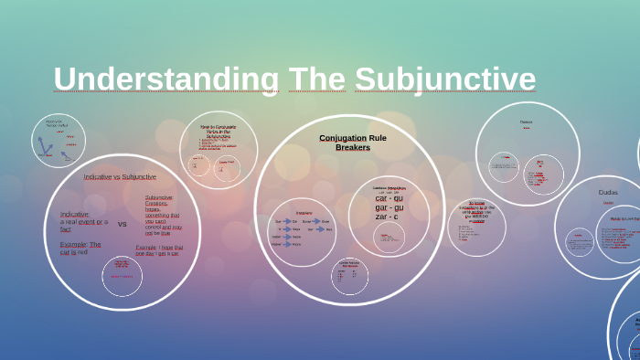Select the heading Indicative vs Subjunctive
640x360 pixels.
pyautogui.click(x=120, y=176)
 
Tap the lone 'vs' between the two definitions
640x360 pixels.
pyautogui.click(x=123, y=224)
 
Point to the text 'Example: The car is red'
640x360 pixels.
pyautogui.click(x=80, y=248)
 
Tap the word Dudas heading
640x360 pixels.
pyautogui.click(x=608, y=192)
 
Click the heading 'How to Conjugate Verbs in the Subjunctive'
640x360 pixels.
pyautogui.click(x=218, y=131)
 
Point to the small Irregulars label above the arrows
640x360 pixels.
pyautogui.click(x=304, y=213)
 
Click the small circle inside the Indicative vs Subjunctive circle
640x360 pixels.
pyautogui.click(x=122, y=276)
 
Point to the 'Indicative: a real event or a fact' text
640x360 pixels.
pyautogui.click(x=83, y=221)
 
